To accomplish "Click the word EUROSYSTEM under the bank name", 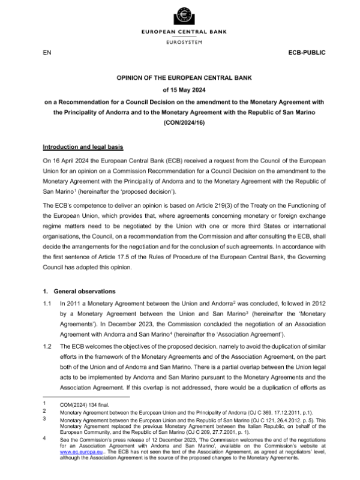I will click(179, 42).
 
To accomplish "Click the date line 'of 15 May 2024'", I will click(180, 90).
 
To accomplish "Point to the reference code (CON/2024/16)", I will click(180, 123).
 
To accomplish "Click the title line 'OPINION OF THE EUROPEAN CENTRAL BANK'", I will click(180, 78).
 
